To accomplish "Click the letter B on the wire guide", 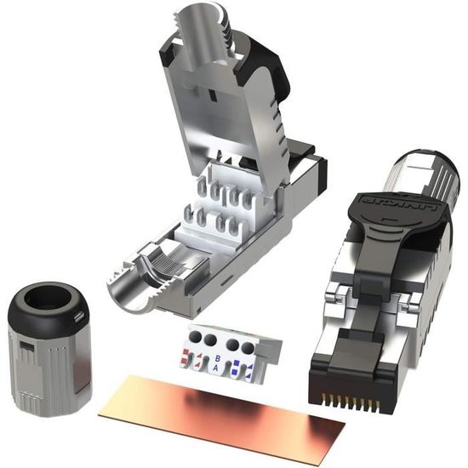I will pyautogui.click(x=219, y=357).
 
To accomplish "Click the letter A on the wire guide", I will pyautogui.click(x=215, y=368).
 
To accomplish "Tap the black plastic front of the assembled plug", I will pyautogui.click(x=357, y=374).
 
